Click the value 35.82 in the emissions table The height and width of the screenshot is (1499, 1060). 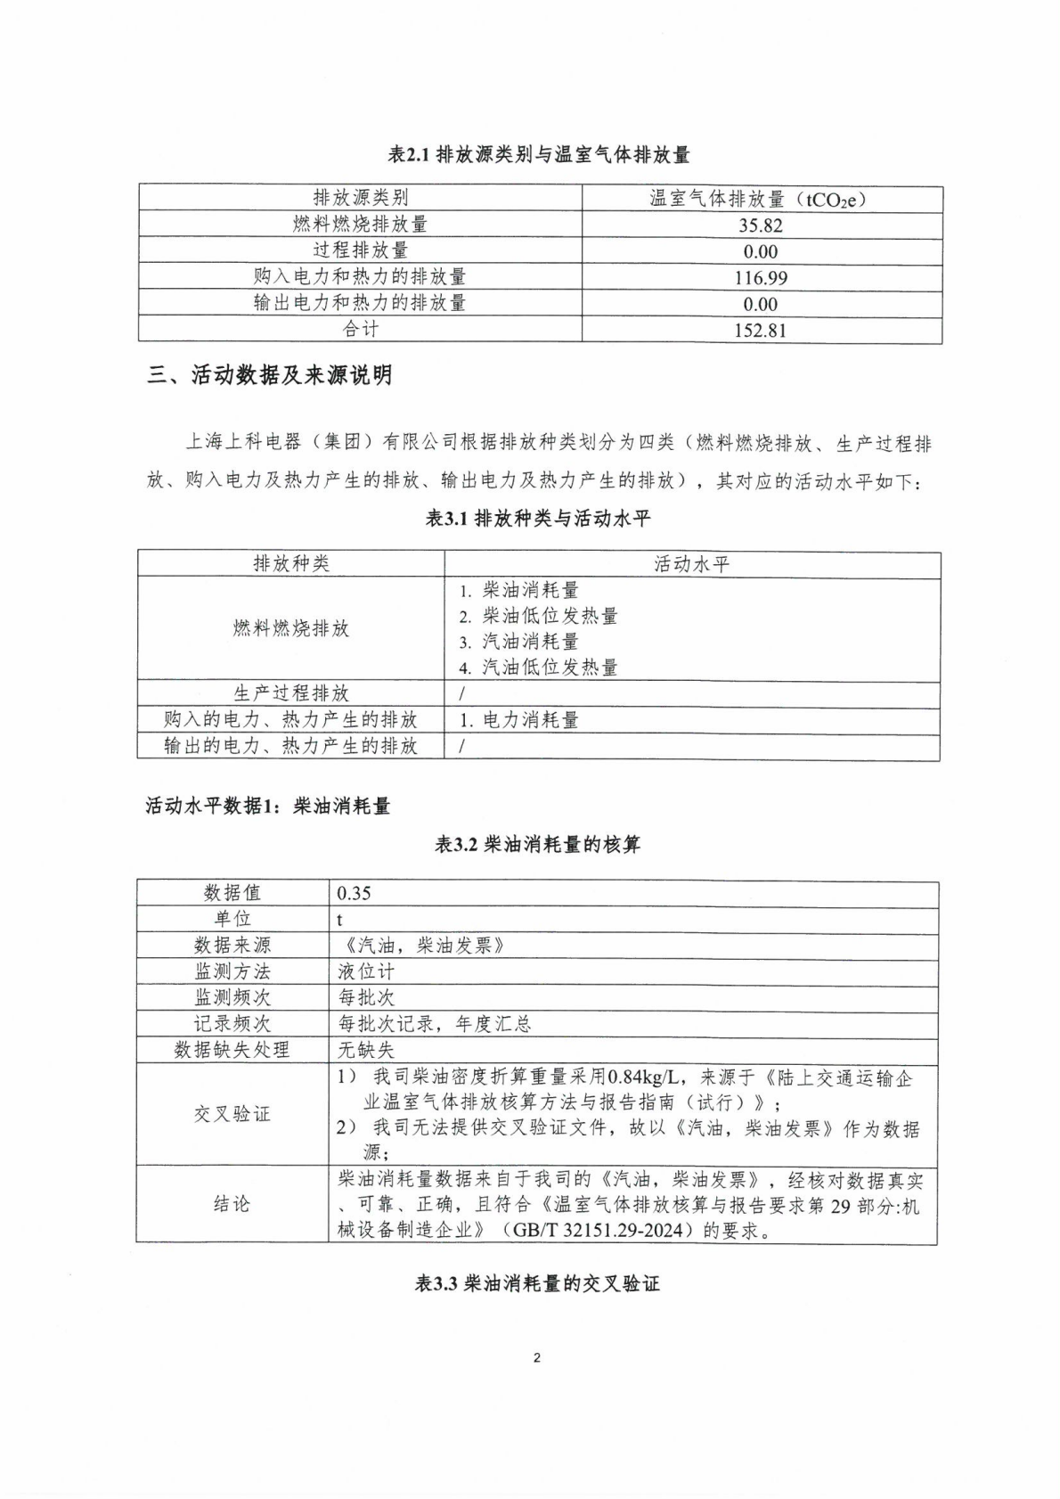pos(760,225)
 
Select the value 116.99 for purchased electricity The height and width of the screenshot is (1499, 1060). pos(760,278)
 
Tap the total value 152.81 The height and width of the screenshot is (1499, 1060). pos(760,331)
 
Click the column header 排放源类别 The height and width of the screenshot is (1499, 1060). pos(360,198)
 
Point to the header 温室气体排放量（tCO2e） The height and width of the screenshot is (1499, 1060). pos(760,199)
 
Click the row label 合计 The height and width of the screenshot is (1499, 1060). pos(360,330)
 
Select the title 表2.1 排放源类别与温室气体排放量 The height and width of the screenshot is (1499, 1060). pos(539,155)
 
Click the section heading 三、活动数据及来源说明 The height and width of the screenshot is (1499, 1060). pos(269,375)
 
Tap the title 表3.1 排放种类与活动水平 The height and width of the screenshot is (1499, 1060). pos(539,518)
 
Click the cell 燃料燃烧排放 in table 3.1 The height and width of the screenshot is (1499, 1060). pos(290,628)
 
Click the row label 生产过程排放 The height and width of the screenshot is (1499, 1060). pos(290,693)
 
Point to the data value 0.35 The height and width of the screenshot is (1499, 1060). pos(354,893)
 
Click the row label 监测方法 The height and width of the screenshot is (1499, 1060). pos(232,971)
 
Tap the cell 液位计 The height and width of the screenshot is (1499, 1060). pos(365,971)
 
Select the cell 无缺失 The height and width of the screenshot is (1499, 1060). pos(365,1050)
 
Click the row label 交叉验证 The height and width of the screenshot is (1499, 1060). pos(232,1114)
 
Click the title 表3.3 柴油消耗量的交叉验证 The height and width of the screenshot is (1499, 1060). pos(537,1284)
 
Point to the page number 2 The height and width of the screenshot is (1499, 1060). pos(536,1358)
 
